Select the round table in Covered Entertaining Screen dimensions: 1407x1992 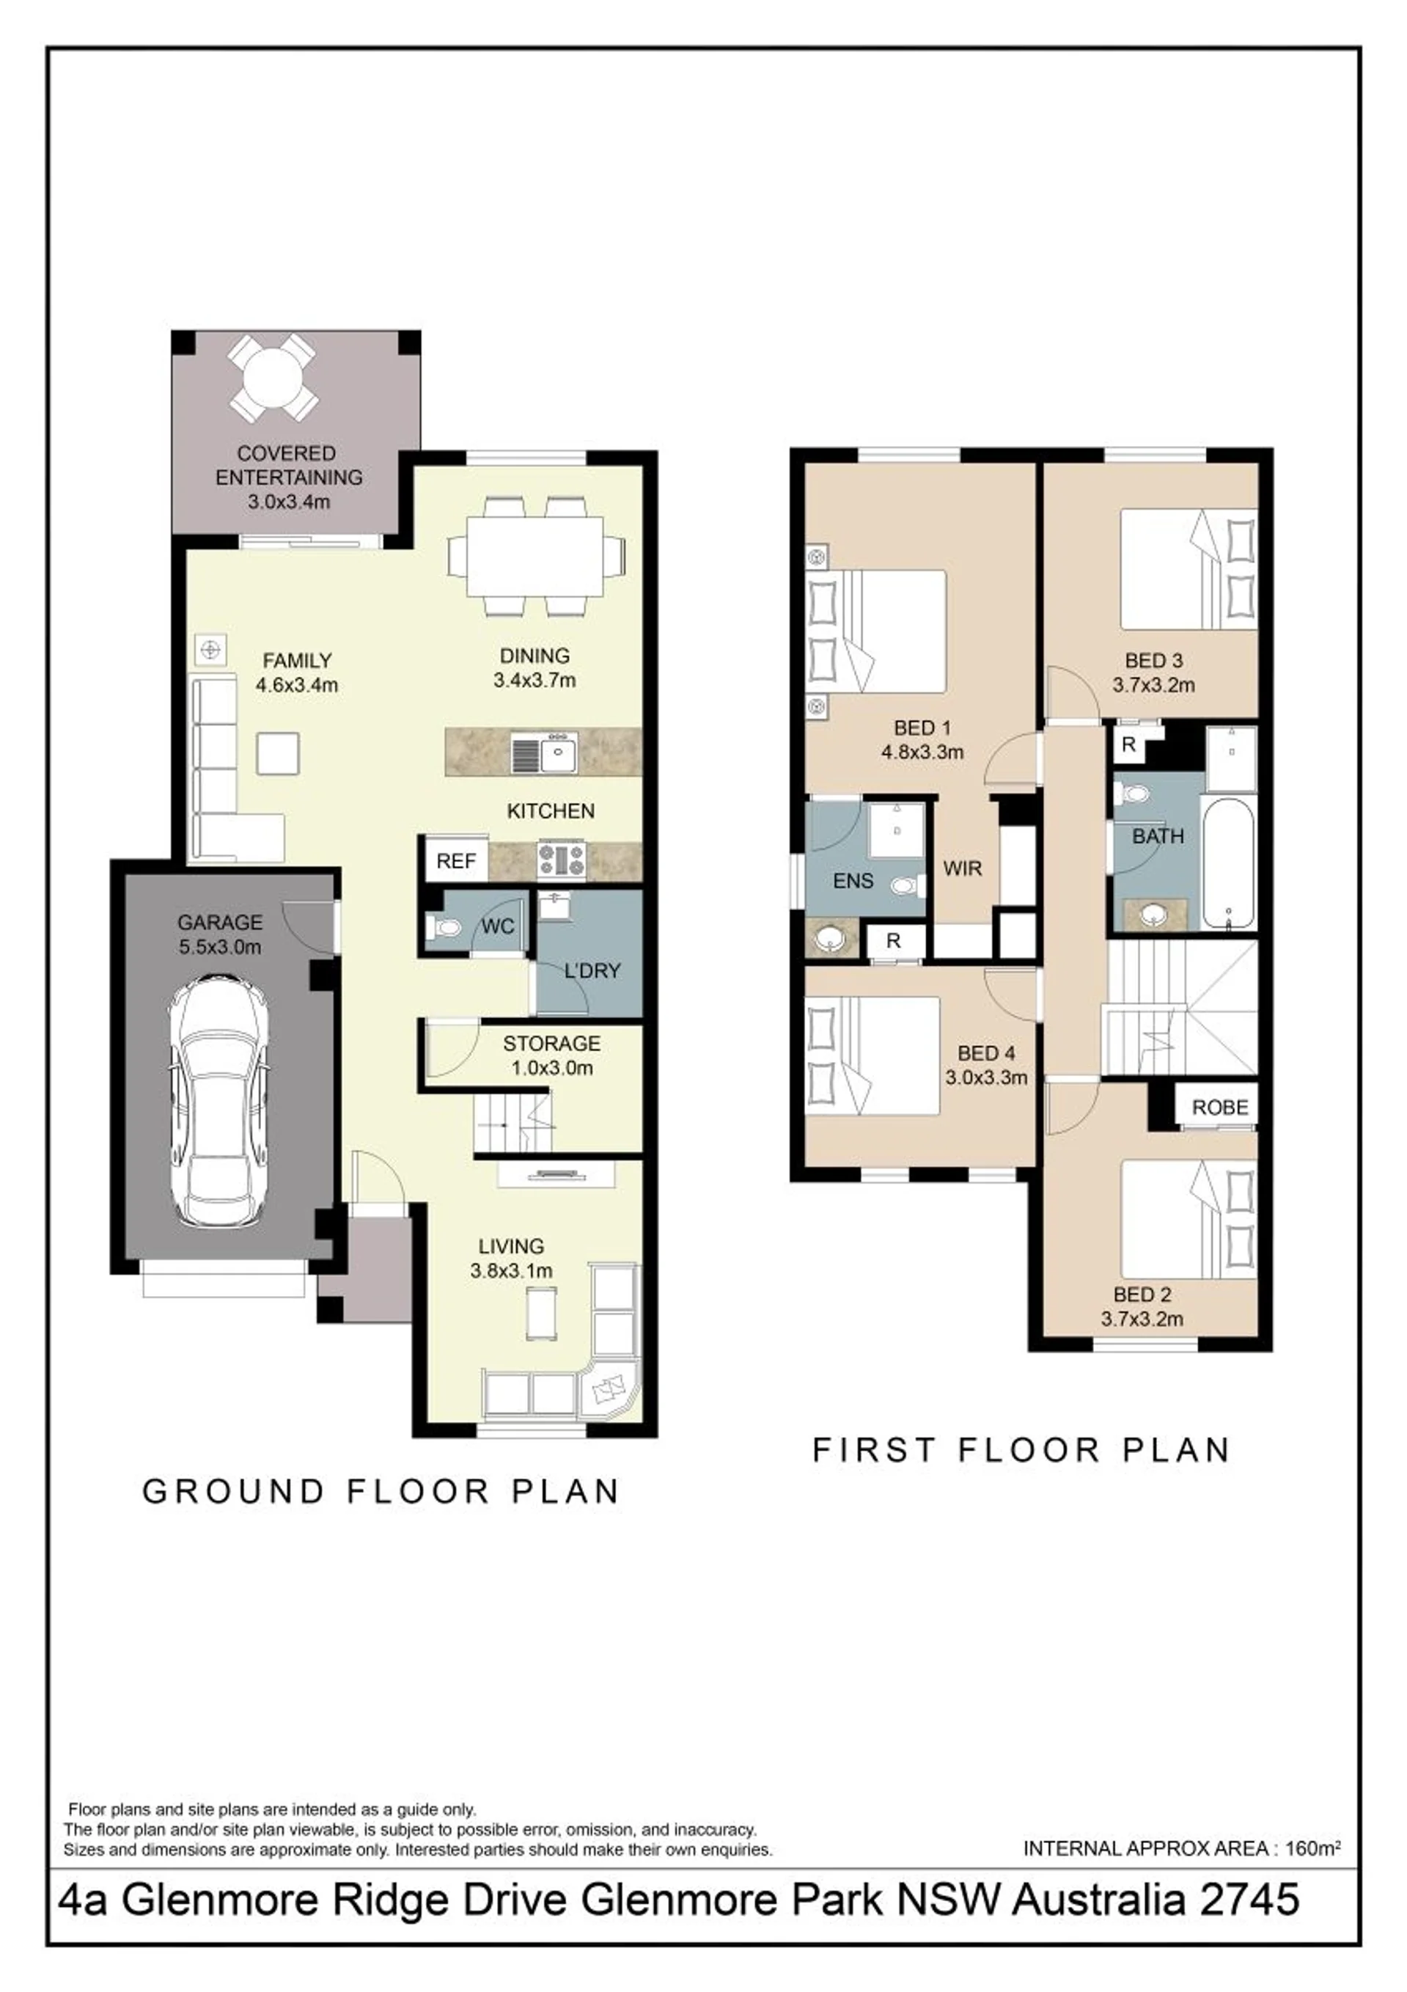(x=273, y=379)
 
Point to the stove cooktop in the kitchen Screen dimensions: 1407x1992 (x=561, y=860)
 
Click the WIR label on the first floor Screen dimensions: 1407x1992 (x=962, y=868)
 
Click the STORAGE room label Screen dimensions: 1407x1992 (x=551, y=1043)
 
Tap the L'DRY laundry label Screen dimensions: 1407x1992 (x=592, y=970)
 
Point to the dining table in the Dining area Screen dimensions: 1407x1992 (x=535, y=555)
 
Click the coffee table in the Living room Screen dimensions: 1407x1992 (x=542, y=1315)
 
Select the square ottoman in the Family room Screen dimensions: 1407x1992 (x=278, y=753)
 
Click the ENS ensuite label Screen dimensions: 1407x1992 (x=853, y=882)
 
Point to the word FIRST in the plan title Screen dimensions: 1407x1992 (x=875, y=1450)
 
